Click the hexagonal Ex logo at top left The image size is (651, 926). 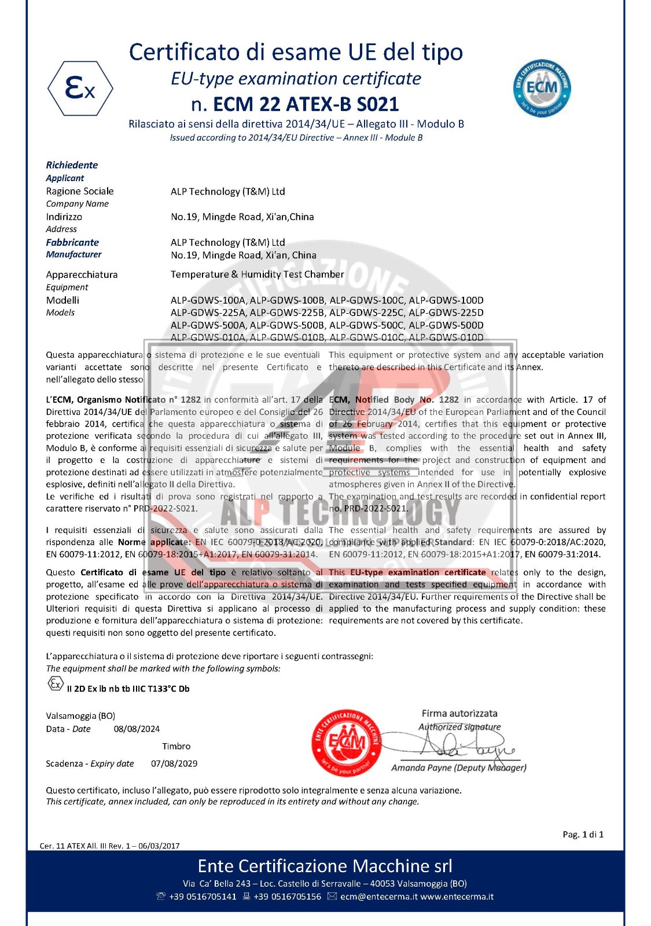coord(80,89)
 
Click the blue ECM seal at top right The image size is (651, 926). coord(542,89)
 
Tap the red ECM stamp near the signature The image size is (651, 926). coord(347,743)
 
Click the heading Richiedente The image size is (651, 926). coord(72,165)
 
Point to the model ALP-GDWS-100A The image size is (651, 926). coord(208,300)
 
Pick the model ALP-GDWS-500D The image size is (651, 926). coord(446,325)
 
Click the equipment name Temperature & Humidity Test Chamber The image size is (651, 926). coord(257,274)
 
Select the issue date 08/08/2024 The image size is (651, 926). coord(137,729)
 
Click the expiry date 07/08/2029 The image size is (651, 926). coord(174,764)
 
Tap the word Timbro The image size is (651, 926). coord(176,747)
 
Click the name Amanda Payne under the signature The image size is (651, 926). coord(421,768)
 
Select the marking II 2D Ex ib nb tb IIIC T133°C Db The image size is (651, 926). coord(128,689)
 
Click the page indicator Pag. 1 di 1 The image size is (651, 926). coord(583,835)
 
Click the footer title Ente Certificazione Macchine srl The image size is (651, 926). coord(325,866)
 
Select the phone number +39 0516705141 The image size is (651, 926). coord(203,897)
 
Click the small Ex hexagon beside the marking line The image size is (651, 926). coord(55,684)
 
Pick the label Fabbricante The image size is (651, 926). coord(72,242)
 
